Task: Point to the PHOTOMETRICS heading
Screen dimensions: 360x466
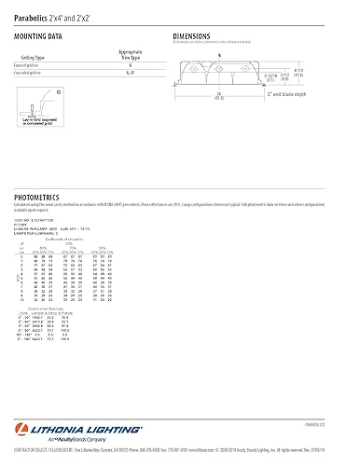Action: point(39,198)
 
